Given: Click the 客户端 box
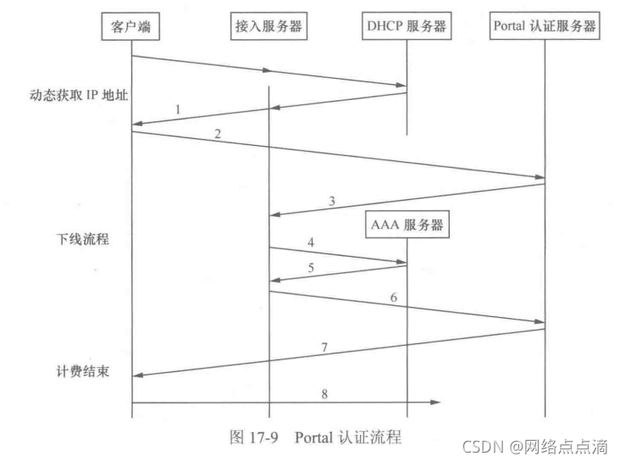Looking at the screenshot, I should point(130,27).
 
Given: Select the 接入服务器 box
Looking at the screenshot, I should point(268,27).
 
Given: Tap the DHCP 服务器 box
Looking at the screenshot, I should point(406,27).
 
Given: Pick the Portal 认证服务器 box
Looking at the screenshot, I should point(545,27).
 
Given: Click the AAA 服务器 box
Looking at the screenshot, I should point(407,225).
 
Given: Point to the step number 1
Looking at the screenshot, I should point(179,109).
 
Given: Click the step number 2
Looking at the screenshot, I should point(218,135).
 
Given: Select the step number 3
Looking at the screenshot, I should point(332,202).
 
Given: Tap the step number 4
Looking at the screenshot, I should point(311,242).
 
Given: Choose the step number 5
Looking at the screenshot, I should point(310,269).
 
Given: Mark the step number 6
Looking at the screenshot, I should point(394,298).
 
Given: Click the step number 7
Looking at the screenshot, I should point(324,347).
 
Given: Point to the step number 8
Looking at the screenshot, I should point(324,392).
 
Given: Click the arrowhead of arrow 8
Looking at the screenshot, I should point(436,402).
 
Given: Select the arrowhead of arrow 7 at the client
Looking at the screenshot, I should point(138,375).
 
